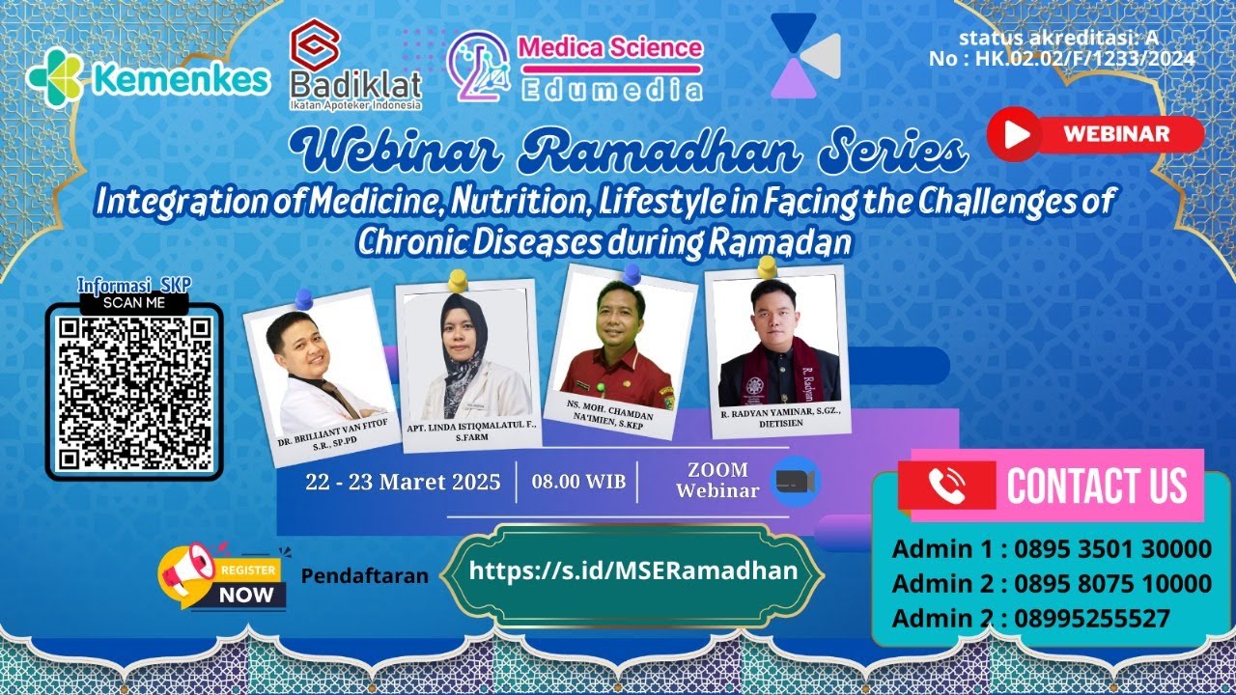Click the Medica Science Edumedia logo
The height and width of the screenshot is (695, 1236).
point(576,67)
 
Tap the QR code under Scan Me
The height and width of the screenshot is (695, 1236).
point(134,395)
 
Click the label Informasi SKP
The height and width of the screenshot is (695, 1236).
point(134,285)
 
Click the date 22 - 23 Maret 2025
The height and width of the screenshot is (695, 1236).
point(403,482)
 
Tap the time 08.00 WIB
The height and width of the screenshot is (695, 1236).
point(578,482)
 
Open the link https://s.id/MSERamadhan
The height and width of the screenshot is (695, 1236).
point(633,570)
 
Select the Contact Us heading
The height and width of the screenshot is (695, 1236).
point(1097,486)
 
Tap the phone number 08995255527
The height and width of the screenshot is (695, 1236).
point(1092,619)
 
